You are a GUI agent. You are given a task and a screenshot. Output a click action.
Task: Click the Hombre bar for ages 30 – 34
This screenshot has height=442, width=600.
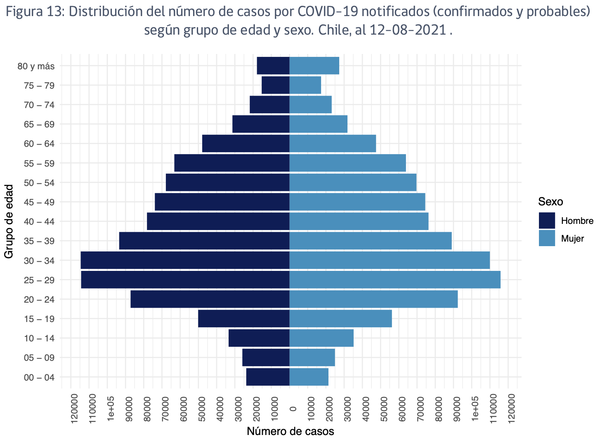[x=185, y=260]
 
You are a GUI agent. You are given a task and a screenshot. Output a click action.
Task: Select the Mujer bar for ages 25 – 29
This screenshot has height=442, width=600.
[x=395, y=280]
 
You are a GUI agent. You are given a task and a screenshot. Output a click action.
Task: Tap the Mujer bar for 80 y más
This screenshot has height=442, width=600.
[x=314, y=66]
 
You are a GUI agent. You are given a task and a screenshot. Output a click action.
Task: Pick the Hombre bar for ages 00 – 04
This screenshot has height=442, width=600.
[x=267, y=377]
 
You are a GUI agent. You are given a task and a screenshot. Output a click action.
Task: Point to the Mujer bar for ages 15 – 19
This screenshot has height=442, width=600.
[x=340, y=318]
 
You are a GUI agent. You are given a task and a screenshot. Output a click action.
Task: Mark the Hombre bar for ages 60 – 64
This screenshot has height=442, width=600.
[x=246, y=143]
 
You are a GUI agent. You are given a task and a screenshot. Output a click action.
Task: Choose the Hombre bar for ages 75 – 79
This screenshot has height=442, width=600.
[x=275, y=85]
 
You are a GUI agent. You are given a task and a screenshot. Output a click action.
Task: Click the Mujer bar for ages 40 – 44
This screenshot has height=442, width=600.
[x=359, y=221]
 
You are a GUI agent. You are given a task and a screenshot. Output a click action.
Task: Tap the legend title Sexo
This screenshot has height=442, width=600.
[x=550, y=202]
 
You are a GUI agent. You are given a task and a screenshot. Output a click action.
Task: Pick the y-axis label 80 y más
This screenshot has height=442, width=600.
[x=36, y=66]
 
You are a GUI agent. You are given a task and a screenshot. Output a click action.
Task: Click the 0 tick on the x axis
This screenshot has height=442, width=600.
[x=293, y=409]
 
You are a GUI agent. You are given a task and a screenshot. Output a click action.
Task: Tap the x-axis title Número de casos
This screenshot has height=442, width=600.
[x=290, y=431]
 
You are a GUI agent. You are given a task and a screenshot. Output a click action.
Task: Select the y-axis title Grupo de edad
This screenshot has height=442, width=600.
[x=9, y=221]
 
